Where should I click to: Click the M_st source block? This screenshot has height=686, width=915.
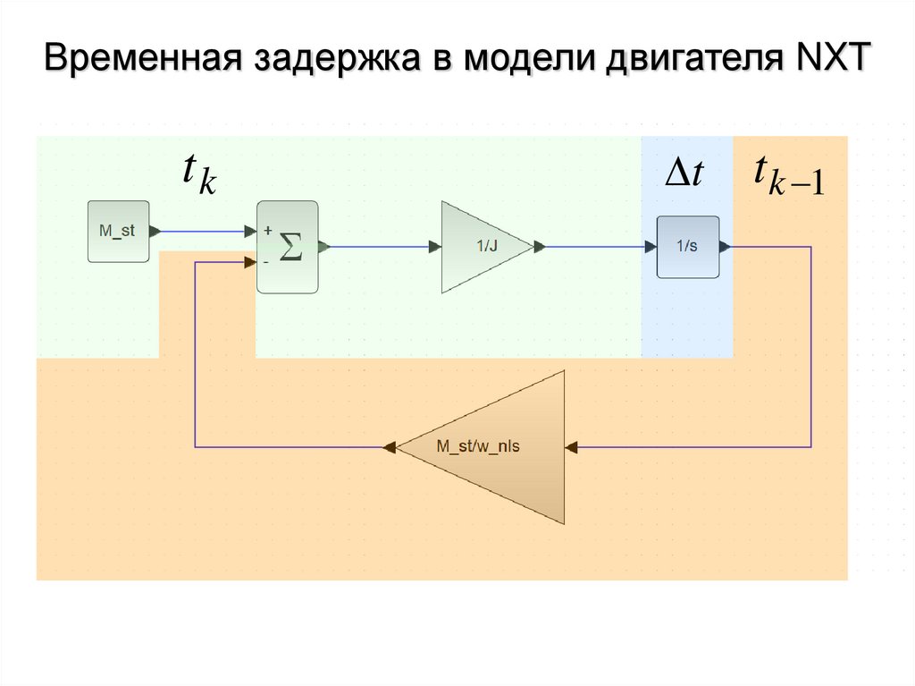point(118,232)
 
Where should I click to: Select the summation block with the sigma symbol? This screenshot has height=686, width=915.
point(287,247)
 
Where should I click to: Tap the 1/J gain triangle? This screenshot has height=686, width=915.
point(483,247)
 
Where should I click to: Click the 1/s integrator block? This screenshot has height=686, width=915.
point(688,247)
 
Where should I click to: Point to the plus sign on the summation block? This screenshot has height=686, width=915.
point(266,230)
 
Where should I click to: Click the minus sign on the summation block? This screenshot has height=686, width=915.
point(266,262)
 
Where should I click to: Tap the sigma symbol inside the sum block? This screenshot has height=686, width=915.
point(290,247)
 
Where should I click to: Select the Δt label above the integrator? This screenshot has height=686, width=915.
point(685,173)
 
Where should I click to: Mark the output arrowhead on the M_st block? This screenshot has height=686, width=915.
point(155,232)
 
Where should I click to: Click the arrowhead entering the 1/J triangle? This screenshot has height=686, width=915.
point(435,247)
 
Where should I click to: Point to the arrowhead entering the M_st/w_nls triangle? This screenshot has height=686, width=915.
point(572,446)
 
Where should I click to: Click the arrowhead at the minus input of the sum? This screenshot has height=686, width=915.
point(251,262)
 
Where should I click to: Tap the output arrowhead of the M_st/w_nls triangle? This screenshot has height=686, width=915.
point(390,446)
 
